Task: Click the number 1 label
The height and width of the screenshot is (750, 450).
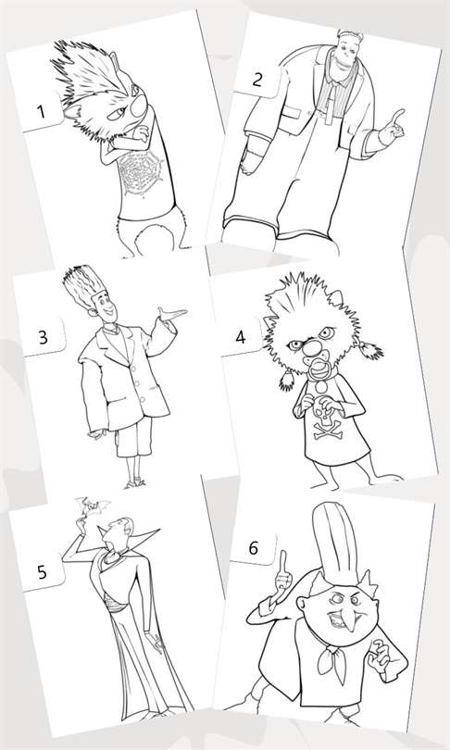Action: tap(41, 111)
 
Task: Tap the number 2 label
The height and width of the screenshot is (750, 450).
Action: tap(256, 80)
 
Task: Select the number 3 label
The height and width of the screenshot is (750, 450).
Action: tap(43, 337)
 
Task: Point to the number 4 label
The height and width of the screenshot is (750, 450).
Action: tap(240, 337)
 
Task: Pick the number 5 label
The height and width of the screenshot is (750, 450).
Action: tap(42, 572)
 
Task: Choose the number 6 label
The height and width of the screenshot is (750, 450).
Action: tap(254, 548)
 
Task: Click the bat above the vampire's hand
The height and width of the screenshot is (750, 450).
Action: tap(91, 506)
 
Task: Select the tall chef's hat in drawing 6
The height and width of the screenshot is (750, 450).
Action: tap(335, 542)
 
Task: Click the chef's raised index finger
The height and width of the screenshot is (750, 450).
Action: tap(283, 563)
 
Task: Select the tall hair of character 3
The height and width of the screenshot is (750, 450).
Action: tap(81, 286)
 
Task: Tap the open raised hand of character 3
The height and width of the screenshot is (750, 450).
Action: tap(172, 314)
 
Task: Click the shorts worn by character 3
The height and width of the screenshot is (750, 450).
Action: tap(135, 435)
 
